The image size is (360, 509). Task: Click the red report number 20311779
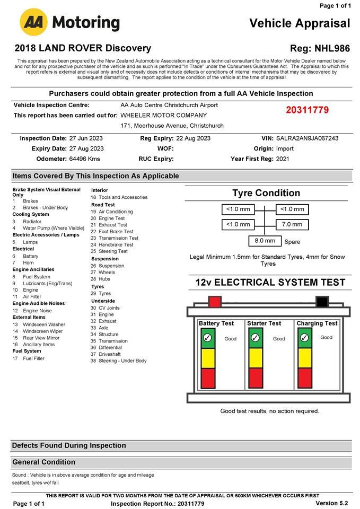click(308, 110)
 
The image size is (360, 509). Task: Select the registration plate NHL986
click(332, 48)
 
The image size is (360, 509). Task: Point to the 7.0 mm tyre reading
click(292, 224)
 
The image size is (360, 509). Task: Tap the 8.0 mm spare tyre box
click(265, 241)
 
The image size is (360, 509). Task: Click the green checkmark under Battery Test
click(207, 338)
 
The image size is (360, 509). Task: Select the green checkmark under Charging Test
click(304, 338)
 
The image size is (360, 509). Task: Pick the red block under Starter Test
click(256, 378)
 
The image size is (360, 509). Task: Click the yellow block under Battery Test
click(207, 358)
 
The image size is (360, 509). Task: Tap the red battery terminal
click(215, 302)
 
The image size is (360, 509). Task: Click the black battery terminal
click(321, 302)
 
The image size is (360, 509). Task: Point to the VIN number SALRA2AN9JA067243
click(308, 138)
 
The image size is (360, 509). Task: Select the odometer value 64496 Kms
click(85, 159)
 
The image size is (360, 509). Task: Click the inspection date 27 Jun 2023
click(86, 138)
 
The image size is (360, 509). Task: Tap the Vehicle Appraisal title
click(300, 23)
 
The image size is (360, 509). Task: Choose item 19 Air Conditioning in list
click(115, 212)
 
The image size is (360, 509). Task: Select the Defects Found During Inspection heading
click(69, 445)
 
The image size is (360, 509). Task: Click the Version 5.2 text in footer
click(331, 503)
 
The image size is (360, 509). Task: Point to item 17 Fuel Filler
click(33, 358)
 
